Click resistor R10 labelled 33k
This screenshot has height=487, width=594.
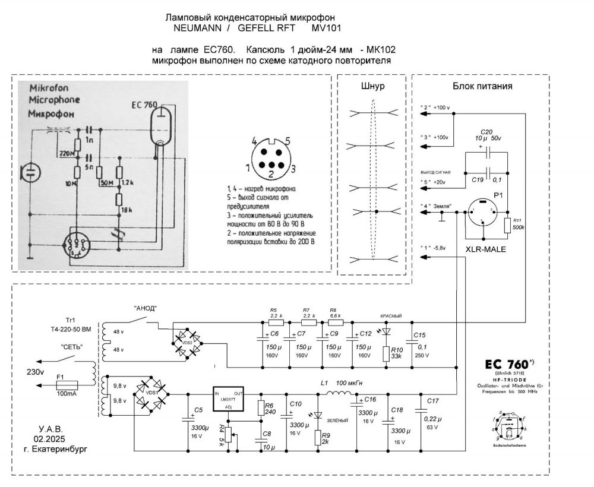pos(387,354)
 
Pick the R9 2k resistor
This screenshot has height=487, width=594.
pos(318,438)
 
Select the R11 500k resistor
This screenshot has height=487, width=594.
pos(507,226)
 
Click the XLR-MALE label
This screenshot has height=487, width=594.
pos(485,250)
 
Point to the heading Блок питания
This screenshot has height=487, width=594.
pos(482,86)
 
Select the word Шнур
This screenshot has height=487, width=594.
pos(373,86)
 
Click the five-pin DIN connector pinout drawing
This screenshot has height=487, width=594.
pos(270,157)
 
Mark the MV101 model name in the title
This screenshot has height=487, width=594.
pos(326,28)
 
